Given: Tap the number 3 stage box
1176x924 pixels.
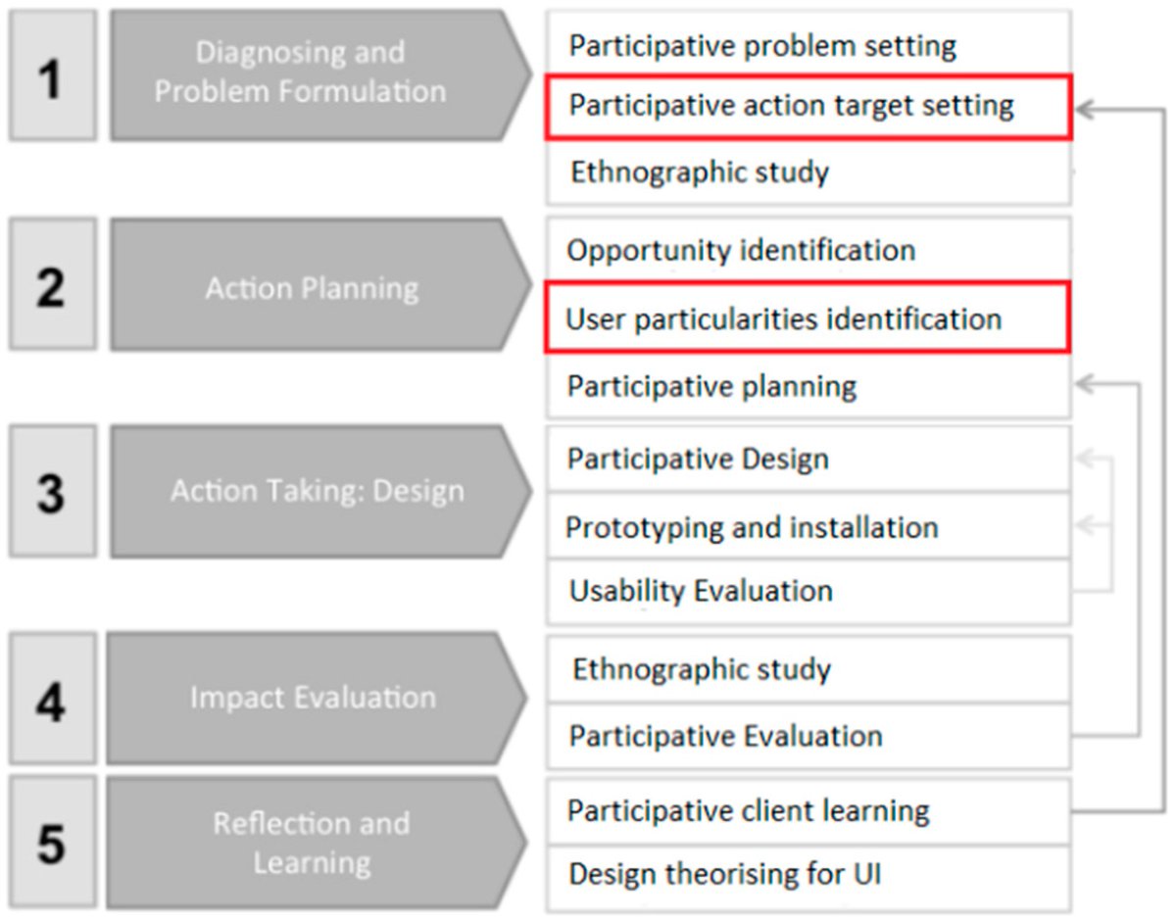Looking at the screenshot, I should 52,491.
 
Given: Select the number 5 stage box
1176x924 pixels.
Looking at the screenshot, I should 52,844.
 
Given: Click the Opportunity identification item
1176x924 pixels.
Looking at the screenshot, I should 741,250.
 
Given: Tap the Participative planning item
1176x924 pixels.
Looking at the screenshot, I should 711,386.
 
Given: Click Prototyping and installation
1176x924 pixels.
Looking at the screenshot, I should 752,527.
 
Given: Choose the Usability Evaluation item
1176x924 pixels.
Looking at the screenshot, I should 701,591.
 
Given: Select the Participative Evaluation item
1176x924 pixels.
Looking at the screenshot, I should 725,736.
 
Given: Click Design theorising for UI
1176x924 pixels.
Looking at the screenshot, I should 724,872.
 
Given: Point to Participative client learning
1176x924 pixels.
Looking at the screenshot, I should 749,811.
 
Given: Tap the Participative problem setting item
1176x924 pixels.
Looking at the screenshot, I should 762,45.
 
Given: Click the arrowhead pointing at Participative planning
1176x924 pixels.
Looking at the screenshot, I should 1084,384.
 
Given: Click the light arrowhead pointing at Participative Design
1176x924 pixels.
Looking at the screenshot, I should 1084,458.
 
